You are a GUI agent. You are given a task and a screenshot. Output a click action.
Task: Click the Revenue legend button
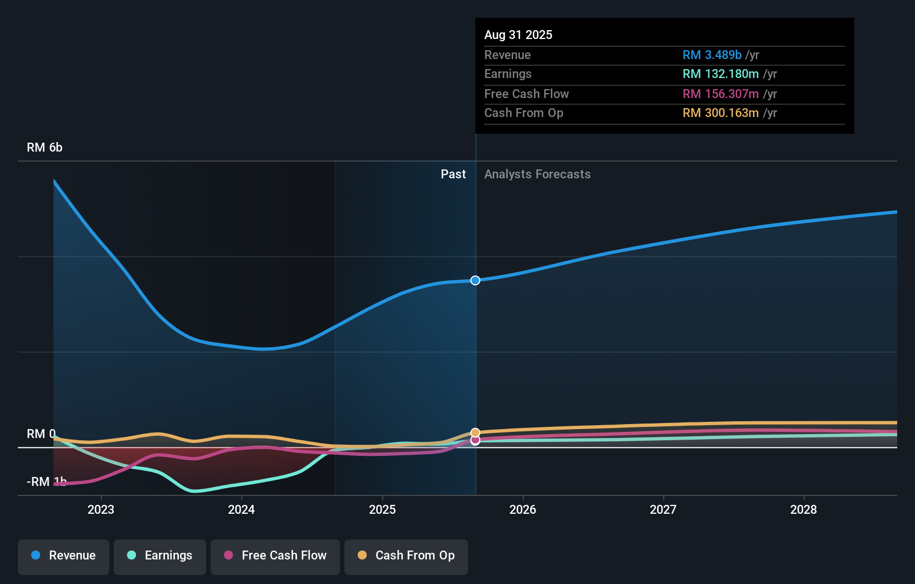tap(64, 556)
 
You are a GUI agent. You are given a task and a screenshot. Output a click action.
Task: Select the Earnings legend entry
tap(160, 556)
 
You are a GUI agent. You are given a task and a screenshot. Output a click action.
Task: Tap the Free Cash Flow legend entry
tap(275, 556)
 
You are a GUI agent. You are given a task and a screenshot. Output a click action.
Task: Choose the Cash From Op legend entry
tap(406, 556)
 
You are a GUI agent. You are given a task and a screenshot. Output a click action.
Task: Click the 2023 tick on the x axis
tap(101, 509)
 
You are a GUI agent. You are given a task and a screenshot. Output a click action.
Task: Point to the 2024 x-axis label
tap(241, 509)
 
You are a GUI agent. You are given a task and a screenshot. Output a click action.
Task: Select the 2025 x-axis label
tap(382, 509)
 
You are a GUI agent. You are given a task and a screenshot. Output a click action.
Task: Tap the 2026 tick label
tap(523, 509)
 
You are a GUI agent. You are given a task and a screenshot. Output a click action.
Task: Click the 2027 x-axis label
tap(663, 509)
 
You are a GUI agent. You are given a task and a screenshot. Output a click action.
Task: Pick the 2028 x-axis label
tap(804, 509)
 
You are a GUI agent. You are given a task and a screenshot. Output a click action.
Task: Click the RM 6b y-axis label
tap(45, 148)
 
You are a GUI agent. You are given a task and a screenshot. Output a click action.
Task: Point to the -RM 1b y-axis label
tap(47, 481)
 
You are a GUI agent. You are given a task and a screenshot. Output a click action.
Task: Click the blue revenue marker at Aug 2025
tap(475, 280)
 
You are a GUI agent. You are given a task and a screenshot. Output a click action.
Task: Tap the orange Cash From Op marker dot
tap(475, 432)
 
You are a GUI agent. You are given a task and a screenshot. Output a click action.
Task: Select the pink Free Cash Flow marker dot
tap(475, 440)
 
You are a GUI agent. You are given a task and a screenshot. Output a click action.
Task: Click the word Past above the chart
tap(453, 174)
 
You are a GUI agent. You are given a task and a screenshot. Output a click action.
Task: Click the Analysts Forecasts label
tap(537, 174)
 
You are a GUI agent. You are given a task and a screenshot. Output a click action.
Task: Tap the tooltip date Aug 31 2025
tap(518, 35)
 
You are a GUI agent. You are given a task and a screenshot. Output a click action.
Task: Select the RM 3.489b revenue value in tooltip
tap(712, 55)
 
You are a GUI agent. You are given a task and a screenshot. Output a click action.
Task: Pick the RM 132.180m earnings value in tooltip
tap(721, 74)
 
